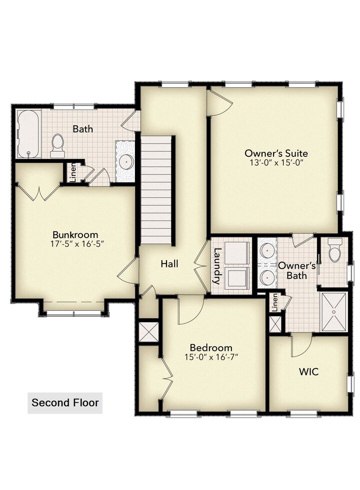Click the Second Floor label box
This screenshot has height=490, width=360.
pyautogui.click(x=64, y=403)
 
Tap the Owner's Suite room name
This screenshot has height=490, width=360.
pyautogui.click(x=276, y=153)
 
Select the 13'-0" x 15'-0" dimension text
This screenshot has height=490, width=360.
pyautogui.click(x=277, y=163)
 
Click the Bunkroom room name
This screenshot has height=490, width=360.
pyautogui.click(x=75, y=234)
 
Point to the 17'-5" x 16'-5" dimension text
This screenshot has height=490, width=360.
pyautogui.click(x=77, y=244)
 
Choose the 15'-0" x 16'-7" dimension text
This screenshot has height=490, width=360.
pyautogui.click(x=211, y=357)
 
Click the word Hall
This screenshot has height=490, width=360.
pyautogui.click(x=169, y=264)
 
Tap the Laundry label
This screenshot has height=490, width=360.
pyautogui.click(x=216, y=266)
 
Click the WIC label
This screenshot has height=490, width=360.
pyautogui.click(x=308, y=372)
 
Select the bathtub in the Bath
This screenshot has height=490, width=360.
pyautogui.click(x=28, y=134)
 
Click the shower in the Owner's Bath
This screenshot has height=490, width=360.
pyautogui.click(x=334, y=312)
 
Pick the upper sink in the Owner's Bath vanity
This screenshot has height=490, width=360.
pyautogui.click(x=267, y=250)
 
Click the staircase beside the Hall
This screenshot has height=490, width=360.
pyautogui.click(x=156, y=191)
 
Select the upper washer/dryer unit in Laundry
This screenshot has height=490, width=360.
pyautogui.click(x=237, y=253)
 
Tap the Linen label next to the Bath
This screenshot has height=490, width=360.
pyautogui.click(x=72, y=172)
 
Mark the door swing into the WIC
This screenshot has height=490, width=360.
pyautogui.click(x=301, y=345)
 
